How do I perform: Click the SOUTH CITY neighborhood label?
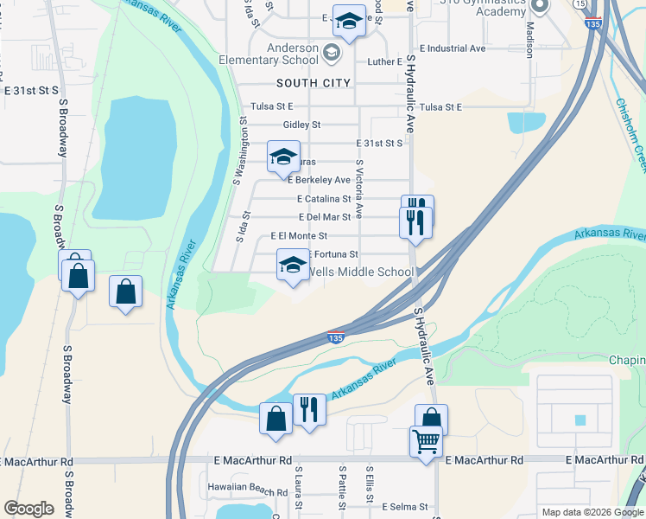click(313, 83)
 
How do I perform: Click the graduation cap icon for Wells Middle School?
click(293, 265)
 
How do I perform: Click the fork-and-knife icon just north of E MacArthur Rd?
click(308, 408)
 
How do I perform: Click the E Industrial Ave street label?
click(453, 49)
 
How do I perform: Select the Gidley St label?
click(295, 125)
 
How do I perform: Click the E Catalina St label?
click(323, 199)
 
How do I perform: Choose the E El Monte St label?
click(299, 235)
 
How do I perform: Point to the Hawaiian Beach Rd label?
click(240, 487)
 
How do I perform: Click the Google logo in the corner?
click(29, 508)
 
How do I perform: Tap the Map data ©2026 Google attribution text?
click(592, 512)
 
